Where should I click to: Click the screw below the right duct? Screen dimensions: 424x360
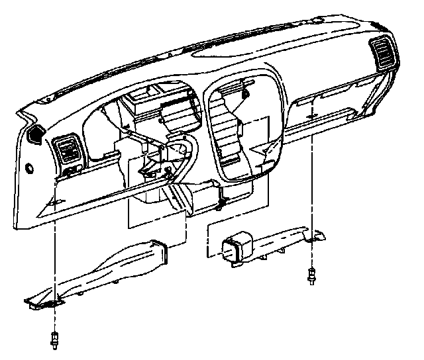point(311,275)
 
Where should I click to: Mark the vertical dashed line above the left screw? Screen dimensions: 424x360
point(54,265)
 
